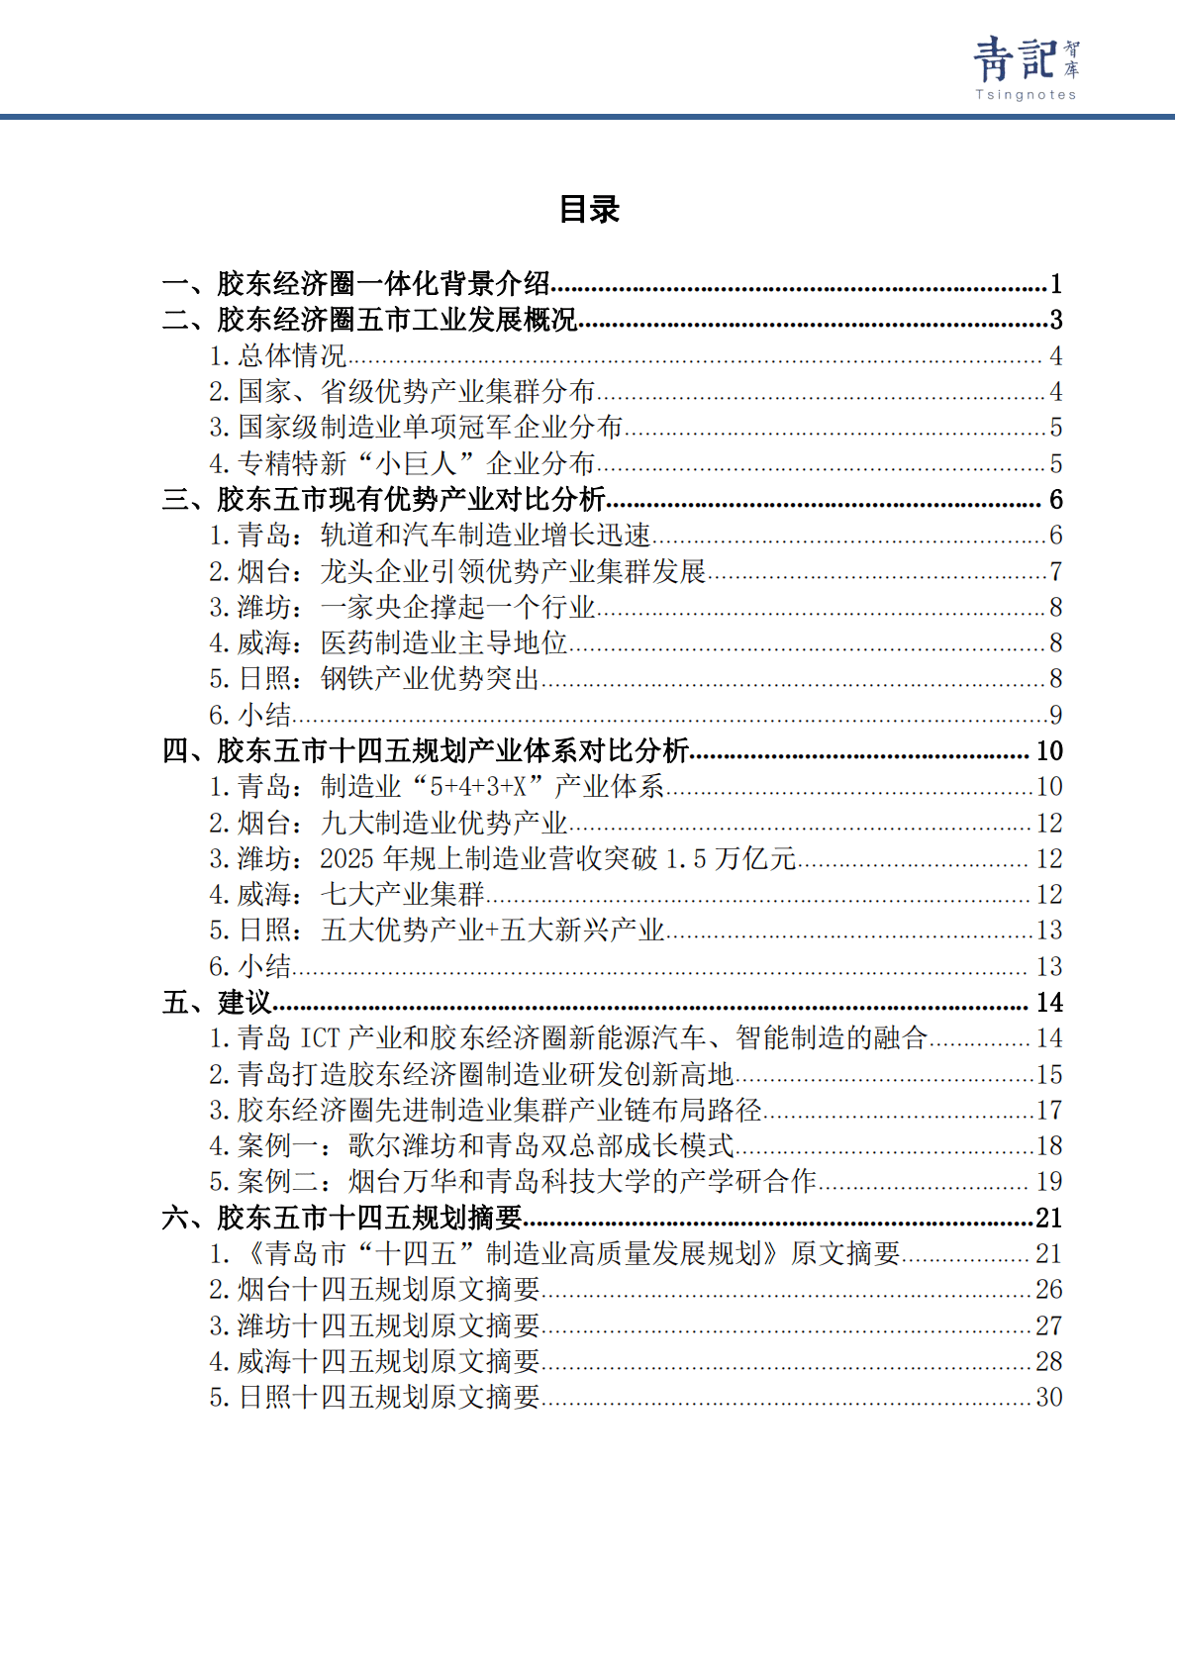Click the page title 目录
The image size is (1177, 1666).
click(x=589, y=209)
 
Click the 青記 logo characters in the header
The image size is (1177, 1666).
click(x=1014, y=59)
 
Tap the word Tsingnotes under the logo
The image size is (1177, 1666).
click(x=1026, y=95)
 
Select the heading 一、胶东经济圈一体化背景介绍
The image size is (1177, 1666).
click(x=356, y=284)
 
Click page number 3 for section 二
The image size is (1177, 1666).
click(x=1056, y=320)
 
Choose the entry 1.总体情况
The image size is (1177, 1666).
click(x=278, y=356)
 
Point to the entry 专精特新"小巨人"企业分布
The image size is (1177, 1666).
click(x=402, y=463)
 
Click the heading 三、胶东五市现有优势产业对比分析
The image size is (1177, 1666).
click(x=384, y=499)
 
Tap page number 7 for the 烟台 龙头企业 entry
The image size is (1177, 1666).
click(x=1056, y=571)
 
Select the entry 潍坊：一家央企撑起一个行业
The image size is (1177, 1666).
click(x=402, y=607)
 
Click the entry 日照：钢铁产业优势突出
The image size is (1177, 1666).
click(x=374, y=679)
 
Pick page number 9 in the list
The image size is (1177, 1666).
click(x=1056, y=715)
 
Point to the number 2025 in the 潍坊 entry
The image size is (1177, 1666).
click(x=346, y=858)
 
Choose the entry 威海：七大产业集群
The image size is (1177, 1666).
click(x=346, y=895)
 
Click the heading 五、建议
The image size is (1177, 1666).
click(x=217, y=1003)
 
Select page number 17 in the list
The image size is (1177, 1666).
click(x=1049, y=1111)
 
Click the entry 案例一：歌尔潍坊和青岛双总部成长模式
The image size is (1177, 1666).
click(x=471, y=1146)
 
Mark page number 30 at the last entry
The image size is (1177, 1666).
click(x=1049, y=1397)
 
